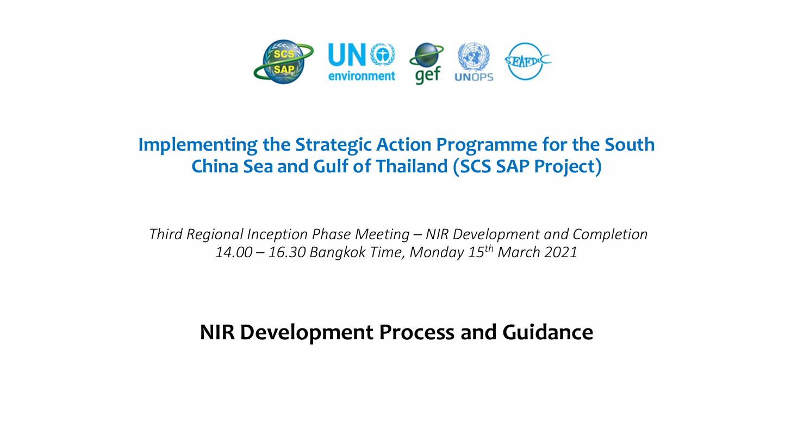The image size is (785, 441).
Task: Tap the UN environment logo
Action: [362, 62]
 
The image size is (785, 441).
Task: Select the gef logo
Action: [427, 62]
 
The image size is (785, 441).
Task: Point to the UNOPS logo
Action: [474, 62]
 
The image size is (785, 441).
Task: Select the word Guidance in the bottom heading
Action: [547, 332]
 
